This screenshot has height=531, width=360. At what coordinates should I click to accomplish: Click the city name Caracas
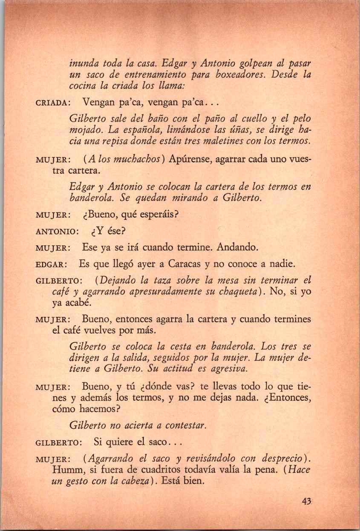(183, 265)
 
